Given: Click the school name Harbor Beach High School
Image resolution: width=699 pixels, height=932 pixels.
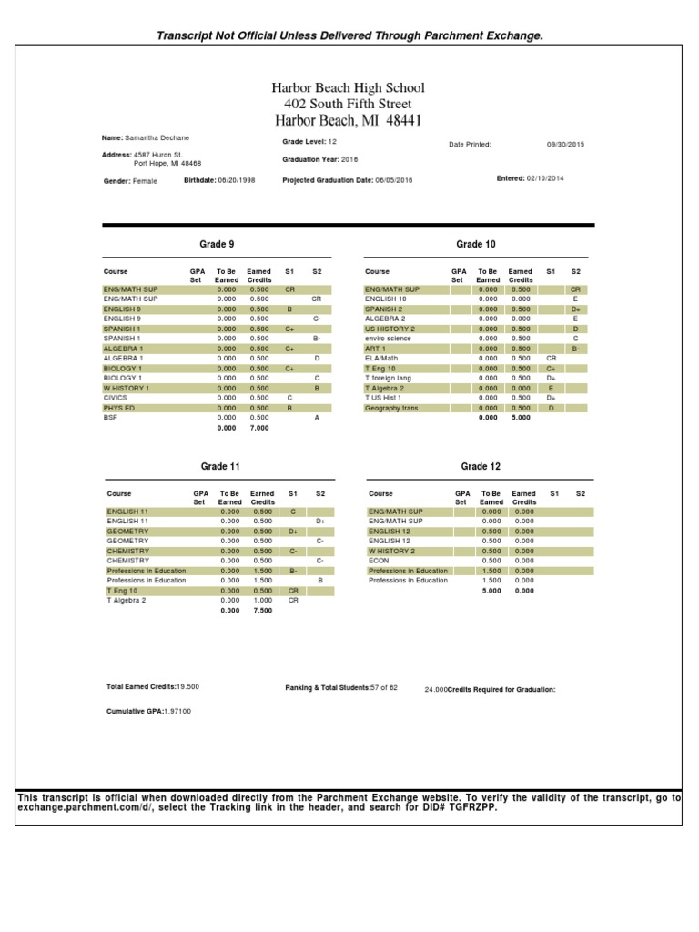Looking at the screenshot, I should coord(349,87).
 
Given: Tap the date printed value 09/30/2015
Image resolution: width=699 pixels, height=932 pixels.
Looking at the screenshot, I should coord(565,144).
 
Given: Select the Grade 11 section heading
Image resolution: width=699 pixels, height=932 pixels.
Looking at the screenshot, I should coord(220,466).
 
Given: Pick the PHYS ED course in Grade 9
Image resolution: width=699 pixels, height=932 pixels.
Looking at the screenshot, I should coord(120,408).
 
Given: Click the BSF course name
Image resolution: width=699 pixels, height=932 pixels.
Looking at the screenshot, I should coord(110,418).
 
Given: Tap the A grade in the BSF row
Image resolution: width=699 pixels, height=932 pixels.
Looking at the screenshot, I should coord(317,418).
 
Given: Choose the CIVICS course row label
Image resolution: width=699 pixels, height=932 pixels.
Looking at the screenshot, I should coord(116,398).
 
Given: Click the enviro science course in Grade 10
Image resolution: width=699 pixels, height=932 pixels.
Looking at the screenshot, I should coord(388,338).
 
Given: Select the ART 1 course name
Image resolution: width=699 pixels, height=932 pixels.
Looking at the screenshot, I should coord(376,348).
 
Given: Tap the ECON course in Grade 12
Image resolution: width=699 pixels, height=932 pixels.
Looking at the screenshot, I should coord(378,561).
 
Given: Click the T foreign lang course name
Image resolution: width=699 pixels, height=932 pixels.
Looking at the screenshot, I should coord(389,378).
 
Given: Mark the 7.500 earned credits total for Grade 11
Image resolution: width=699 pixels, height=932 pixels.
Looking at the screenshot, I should coord(262,611).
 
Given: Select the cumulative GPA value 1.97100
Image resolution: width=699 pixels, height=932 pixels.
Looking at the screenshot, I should coord(177,710).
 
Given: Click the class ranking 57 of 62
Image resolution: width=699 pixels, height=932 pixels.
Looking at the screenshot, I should coord(384,688).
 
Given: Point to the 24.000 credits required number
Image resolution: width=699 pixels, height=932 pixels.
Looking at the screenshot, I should coord(436,690).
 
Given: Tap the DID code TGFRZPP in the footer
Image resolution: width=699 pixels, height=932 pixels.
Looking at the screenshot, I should coord(475,807).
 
